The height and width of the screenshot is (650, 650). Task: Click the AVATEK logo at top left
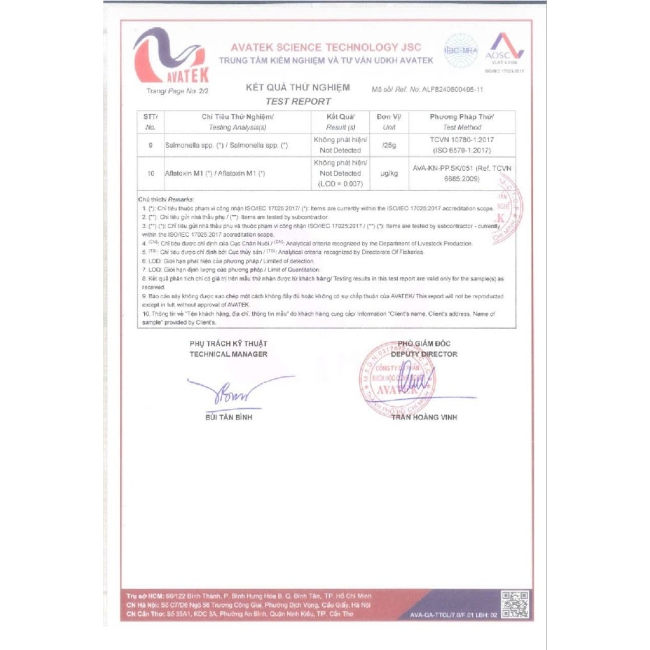click(x=170, y=57)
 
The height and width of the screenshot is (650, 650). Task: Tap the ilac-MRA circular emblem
click(x=460, y=50)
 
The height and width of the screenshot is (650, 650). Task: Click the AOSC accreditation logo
click(x=505, y=51)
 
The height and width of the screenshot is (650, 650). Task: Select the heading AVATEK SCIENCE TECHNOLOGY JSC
click(x=326, y=48)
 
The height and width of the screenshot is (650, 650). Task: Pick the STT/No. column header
click(x=150, y=122)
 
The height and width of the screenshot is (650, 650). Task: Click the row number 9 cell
click(x=150, y=145)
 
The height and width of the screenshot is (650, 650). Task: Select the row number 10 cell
click(x=150, y=173)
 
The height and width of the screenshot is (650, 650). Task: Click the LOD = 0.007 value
click(x=340, y=183)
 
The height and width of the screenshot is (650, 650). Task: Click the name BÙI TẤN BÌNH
click(x=229, y=417)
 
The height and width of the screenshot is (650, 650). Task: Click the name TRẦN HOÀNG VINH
click(x=424, y=417)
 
